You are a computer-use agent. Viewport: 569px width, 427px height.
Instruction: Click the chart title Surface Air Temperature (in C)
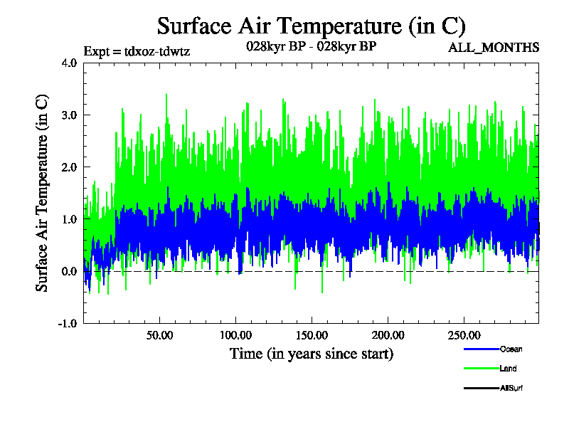click(x=311, y=26)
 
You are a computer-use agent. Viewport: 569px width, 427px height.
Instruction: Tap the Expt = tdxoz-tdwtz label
click(x=137, y=51)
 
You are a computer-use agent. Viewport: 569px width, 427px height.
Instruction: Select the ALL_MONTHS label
click(x=494, y=48)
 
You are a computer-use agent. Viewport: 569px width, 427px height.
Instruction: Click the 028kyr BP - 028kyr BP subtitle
click(x=311, y=46)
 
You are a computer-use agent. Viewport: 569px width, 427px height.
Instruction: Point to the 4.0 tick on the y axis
click(x=69, y=63)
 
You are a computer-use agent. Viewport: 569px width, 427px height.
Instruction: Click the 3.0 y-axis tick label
click(x=69, y=115)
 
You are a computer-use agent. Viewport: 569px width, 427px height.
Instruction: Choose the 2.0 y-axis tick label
click(x=69, y=167)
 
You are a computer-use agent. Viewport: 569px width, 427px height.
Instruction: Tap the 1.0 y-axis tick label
click(x=69, y=219)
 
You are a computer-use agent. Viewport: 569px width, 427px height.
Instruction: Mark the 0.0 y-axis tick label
click(x=69, y=271)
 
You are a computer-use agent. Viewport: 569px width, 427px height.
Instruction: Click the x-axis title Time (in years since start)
click(x=311, y=353)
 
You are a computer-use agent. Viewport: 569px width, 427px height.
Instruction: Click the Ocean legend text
click(x=511, y=349)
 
